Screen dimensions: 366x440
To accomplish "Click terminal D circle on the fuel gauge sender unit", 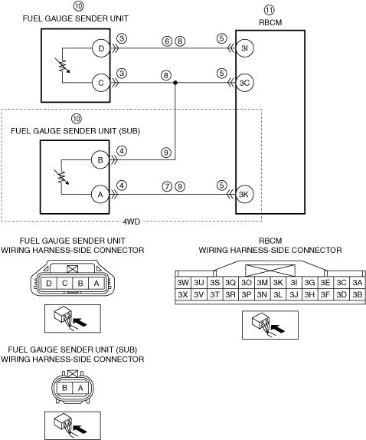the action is coord(101,48).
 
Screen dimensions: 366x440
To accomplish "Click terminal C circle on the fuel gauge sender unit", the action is coord(101,83).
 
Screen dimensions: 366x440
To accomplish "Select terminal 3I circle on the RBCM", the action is coord(245,48).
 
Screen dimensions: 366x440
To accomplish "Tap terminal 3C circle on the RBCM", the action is coord(245,83).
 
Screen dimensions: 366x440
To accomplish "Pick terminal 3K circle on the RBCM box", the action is coord(244,194).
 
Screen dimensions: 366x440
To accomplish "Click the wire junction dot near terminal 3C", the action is coord(175,83).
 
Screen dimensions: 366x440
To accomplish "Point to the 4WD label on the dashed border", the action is coord(132,222).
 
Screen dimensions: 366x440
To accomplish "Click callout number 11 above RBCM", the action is coord(269,10).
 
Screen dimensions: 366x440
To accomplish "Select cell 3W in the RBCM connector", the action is coord(183,283).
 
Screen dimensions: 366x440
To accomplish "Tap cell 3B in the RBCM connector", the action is coord(358,294).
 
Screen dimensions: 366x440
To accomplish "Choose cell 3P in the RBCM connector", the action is coord(247,294).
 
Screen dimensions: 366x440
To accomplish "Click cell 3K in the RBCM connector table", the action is coord(278,283).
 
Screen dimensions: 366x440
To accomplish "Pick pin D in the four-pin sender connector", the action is coord(49,284).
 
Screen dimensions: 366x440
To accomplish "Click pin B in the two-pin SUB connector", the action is coord(64,388).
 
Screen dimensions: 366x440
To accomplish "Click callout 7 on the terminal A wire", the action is coord(167,186).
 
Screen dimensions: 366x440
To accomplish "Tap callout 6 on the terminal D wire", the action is coord(167,41).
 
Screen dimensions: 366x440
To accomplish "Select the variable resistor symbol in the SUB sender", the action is coord(62,177).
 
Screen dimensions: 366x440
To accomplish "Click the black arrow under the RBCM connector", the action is coord(278,329).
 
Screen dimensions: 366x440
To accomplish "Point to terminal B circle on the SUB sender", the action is coord(100,160).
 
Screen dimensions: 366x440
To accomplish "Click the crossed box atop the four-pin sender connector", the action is coord(73,269).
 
